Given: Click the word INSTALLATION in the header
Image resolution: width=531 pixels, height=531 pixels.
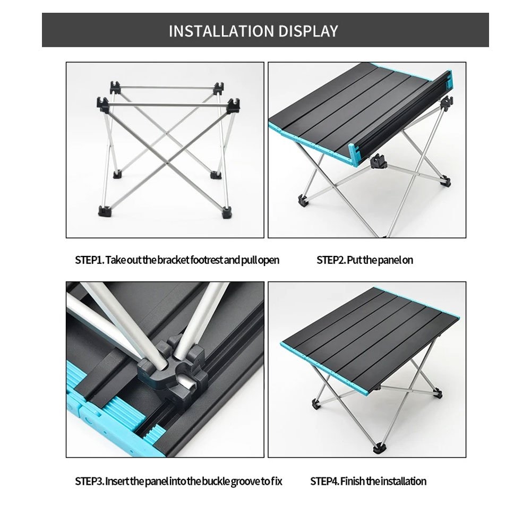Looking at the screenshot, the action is [x=221, y=31].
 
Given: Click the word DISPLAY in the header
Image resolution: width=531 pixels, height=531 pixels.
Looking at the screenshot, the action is [x=308, y=31].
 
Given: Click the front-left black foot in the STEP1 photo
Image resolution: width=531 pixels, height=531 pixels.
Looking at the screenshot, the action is [x=104, y=211].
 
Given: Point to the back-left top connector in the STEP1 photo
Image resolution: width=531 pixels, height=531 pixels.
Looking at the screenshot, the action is [x=116, y=88].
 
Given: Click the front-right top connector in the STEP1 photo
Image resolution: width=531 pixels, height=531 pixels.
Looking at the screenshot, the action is [x=234, y=105].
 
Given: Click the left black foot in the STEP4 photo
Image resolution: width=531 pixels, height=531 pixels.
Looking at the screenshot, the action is [x=315, y=404].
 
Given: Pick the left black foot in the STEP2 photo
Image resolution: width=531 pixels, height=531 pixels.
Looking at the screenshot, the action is [x=302, y=201].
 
